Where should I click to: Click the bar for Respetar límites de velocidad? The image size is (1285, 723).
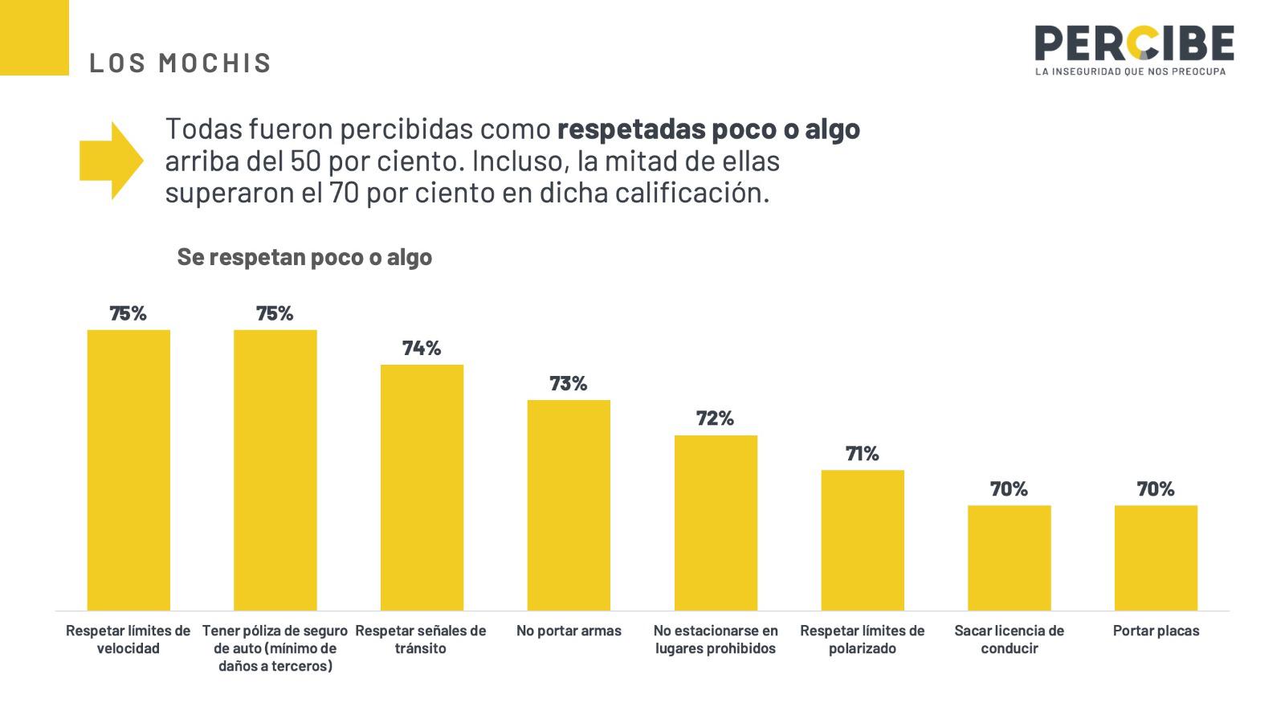[x=128, y=470]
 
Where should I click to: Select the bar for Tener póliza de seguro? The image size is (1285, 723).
[x=275, y=470]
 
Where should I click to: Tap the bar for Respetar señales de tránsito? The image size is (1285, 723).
[x=422, y=488]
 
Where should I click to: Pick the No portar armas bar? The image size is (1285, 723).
[x=569, y=505]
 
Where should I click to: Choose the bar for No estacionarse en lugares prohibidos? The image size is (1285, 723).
[x=716, y=523]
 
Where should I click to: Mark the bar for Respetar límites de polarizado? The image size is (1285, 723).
[x=863, y=540]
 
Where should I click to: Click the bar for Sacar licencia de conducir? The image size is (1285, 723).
[x=1009, y=558]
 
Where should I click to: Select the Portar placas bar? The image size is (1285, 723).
[x=1156, y=558]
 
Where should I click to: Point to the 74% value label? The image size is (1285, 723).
[x=422, y=348]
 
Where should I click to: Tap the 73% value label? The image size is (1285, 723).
[x=569, y=383]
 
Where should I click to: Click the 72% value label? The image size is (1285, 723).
[x=716, y=418]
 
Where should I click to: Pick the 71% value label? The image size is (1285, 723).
[x=863, y=453]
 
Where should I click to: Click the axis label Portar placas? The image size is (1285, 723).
[x=1156, y=631]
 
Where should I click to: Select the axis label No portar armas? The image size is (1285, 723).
[x=569, y=631]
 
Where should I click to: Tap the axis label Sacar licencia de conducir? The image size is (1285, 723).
[x=1009, y=639]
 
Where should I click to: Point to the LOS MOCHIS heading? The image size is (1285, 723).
[x=181, y=63]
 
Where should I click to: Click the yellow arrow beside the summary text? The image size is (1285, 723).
[x=111, y=161]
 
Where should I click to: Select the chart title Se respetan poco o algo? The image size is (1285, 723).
[x=304, y=257]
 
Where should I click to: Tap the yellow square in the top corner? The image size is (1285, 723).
[x=34, y=37]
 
